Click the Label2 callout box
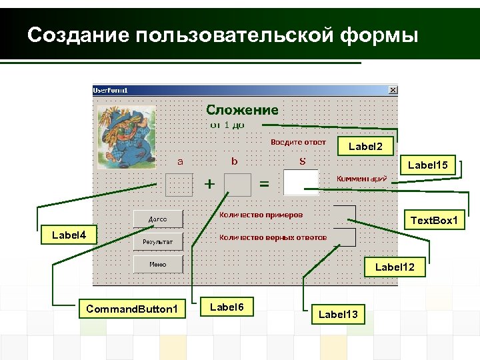coord(365,146)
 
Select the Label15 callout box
coord(427,165)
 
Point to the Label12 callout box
coord(395,267)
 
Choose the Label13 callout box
coord(338,313)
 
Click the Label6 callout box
coord(227,307)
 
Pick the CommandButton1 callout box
coord(132,309)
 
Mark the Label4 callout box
coord(69,235)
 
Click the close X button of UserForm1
coord(392,90)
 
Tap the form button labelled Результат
coord(158,241)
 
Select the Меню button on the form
coord(158,265)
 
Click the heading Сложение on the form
coord(242,110)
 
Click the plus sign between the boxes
coord(209,184)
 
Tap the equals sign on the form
coord(264,184)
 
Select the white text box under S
coord(301,182)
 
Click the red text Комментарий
coord(361,179)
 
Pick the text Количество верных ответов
coord(273,237)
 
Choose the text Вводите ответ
coord(298,142)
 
